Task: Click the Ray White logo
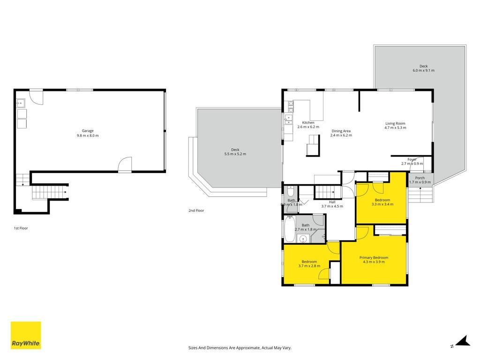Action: point(26,335)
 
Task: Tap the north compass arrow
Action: point(462,341)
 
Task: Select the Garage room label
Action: point(88,131)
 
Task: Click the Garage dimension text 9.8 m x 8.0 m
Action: point(88,135)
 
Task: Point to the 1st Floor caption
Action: point(21,228)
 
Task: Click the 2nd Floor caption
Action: point(196,210)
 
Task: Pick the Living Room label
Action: point(395,123)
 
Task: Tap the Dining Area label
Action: point(341,131)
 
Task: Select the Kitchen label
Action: point(308,122)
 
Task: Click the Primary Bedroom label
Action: point(374,257)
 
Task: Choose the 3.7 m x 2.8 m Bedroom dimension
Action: point(309,266)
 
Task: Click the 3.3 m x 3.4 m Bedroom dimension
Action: point(382,204)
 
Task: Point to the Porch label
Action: point(420,178)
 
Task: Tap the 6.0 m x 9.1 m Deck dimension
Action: point(423,70)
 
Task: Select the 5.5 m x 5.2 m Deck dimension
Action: point(235,154)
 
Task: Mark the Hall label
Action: point(332,202)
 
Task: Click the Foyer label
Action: point(412,159)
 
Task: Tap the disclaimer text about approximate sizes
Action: point(240,348)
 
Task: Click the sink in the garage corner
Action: point(21,103)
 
